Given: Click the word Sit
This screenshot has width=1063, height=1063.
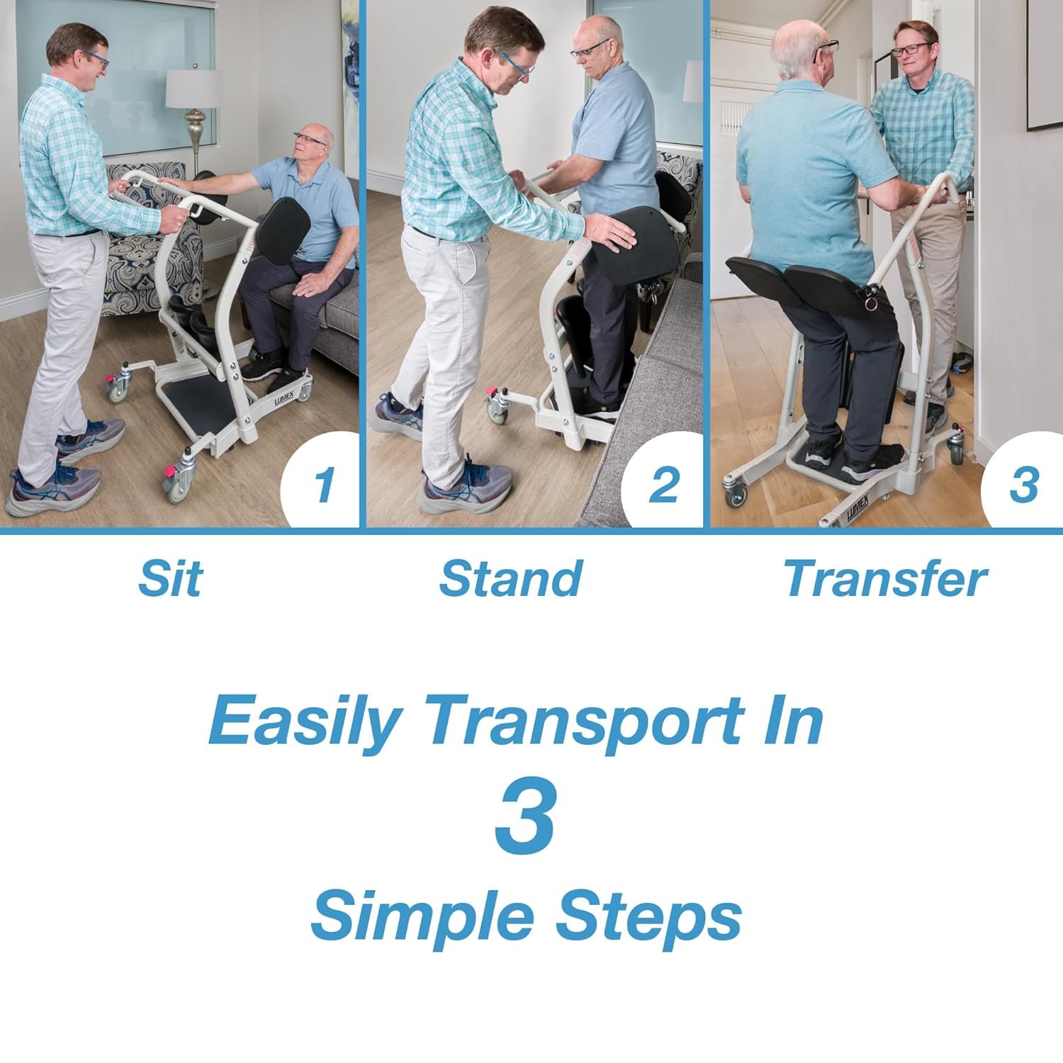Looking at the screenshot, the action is point(170,578).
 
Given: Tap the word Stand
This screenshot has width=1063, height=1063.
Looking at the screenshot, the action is point(510,578).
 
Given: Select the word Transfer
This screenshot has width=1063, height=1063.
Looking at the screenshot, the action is point(885,578).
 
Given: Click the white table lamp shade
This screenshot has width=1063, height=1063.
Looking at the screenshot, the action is point(193,89).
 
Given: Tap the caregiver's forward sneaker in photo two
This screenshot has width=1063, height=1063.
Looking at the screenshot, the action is point(464,488).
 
